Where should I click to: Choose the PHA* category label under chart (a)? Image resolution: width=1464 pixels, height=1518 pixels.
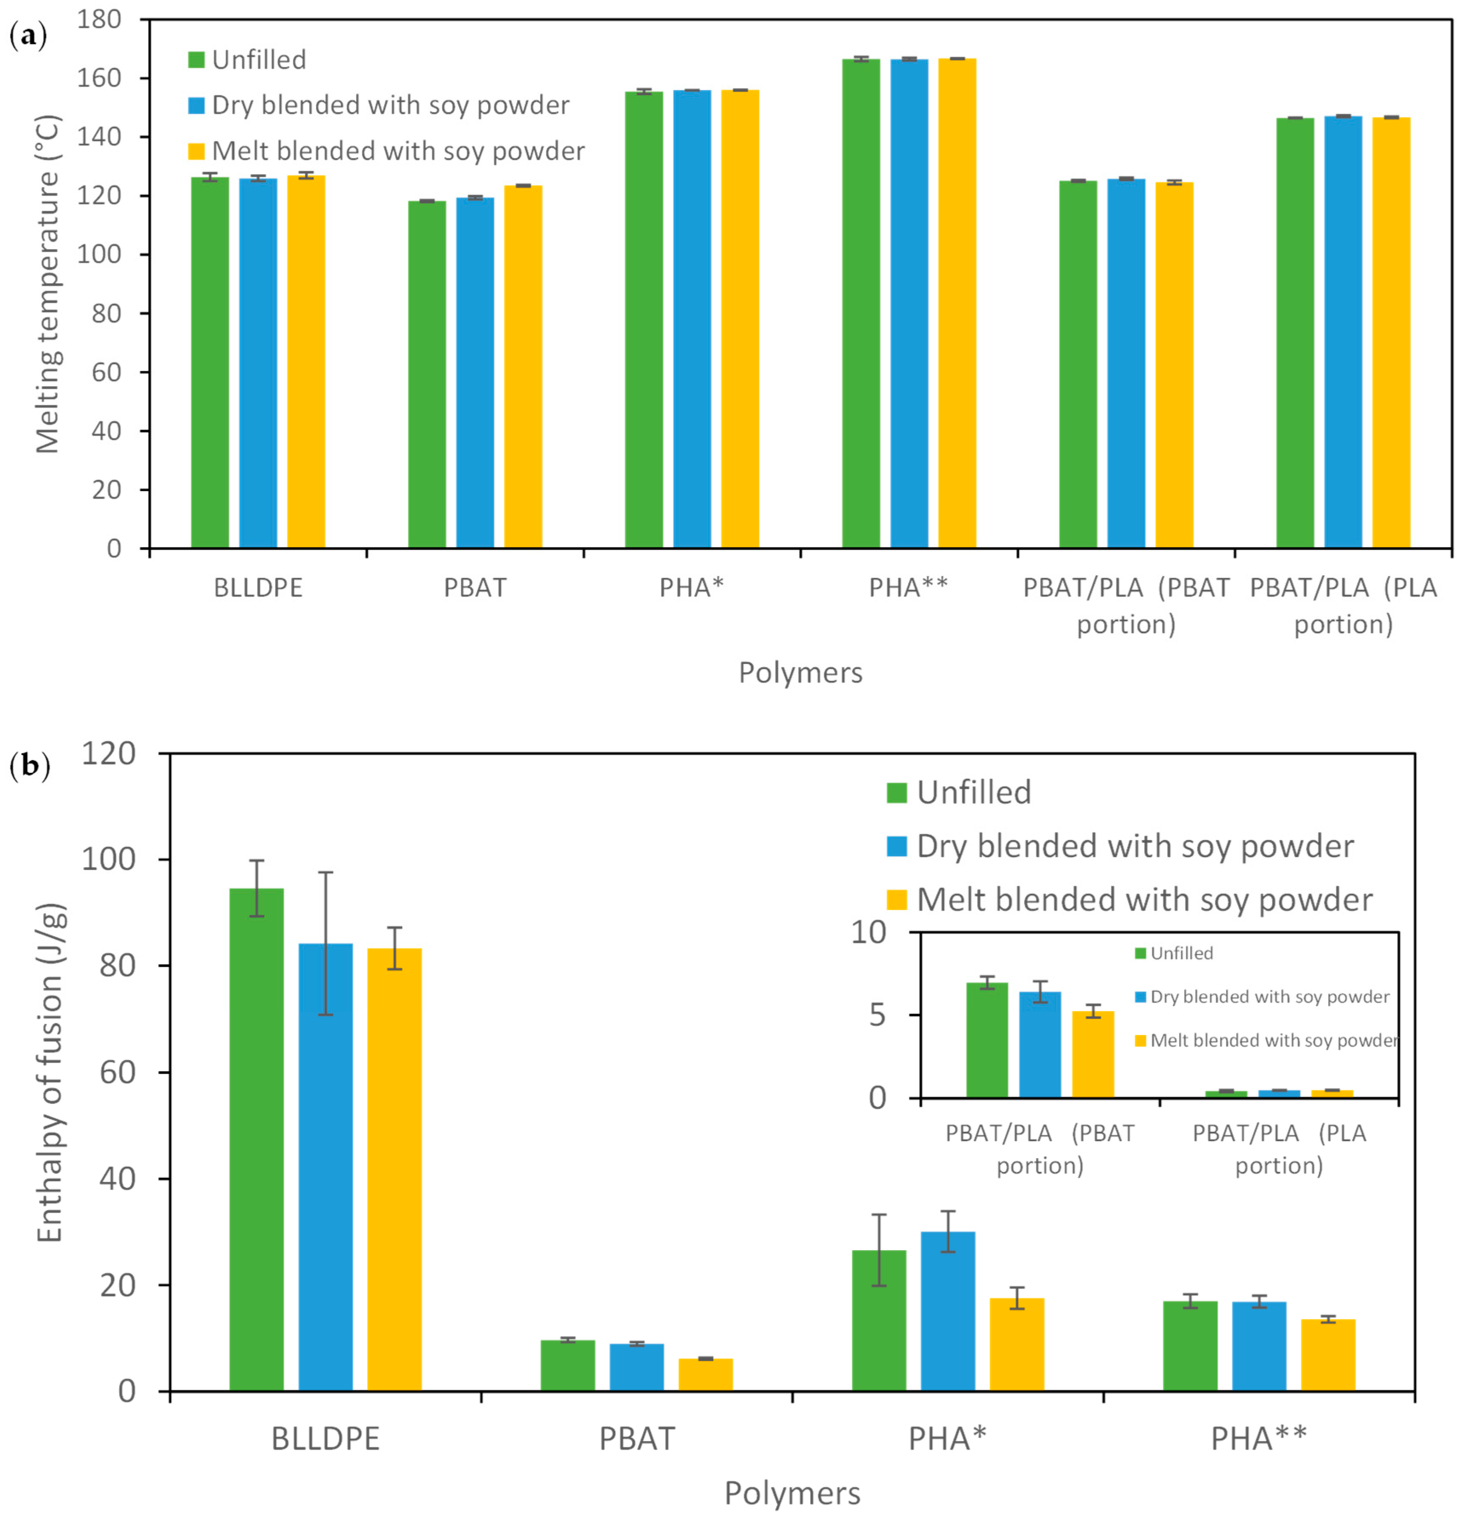point(691,588)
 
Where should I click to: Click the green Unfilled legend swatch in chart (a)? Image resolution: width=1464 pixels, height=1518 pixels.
point(196,60)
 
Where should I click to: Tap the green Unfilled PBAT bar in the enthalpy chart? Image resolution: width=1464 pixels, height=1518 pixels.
point(568,1365)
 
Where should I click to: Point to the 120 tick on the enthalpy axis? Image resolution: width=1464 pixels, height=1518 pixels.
point(109,753)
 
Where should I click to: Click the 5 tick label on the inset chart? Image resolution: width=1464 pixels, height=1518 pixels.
point(876,1015)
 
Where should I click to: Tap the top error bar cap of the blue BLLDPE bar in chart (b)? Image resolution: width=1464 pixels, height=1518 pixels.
point(325,872)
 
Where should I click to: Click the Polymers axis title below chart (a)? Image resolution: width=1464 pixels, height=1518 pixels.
point(800,672)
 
